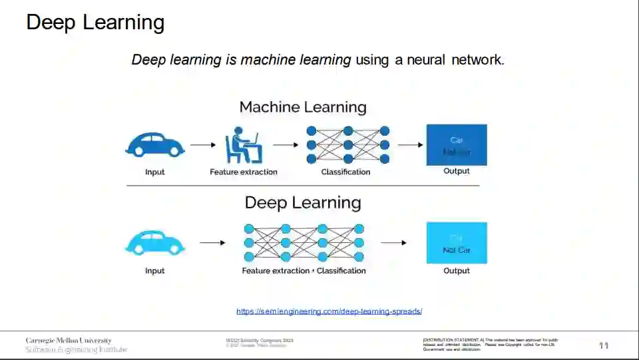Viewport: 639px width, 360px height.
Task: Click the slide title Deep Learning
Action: (95, 22)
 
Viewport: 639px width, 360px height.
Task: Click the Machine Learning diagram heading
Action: (303, 107)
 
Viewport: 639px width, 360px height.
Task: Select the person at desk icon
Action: (243, 146)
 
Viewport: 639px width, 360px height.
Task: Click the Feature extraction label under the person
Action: (244, 172)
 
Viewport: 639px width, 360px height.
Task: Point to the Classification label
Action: (345, 172)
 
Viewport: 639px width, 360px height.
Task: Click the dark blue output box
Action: (457, 144)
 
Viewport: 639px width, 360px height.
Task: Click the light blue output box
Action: (457, 243)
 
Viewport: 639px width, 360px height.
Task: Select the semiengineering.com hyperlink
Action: (329, 311)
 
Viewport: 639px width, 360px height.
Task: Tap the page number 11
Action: (604, 345)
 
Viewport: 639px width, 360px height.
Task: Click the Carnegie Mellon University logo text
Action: (69, 341)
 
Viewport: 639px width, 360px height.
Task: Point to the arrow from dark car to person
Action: (203, 144)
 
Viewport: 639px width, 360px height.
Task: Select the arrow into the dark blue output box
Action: (410, 144)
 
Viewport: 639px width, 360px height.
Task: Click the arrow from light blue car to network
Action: (212, 243)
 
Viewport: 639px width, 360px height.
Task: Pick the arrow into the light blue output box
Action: (393, 243)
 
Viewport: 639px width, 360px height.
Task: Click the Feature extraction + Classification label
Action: (304, 271)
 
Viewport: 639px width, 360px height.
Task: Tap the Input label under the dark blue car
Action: (155, 172)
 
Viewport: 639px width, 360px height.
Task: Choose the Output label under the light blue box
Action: (457, 271)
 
